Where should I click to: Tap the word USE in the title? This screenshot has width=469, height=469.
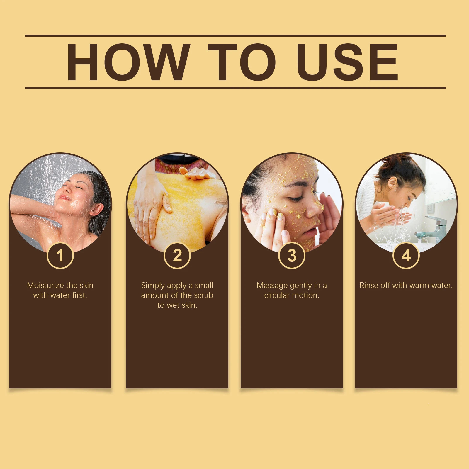(347, 62)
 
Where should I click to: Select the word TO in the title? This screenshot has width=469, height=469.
(242, 62)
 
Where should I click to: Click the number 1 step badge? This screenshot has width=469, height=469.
(60, 256)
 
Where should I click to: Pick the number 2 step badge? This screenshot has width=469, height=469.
(177, 256)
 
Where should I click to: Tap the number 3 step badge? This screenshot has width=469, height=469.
(292, 256)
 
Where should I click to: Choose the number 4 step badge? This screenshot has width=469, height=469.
(406, 256)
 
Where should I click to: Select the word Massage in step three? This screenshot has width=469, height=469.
(272, 285)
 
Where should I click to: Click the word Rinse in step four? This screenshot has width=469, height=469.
(369, 285)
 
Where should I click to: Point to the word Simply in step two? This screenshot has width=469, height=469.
(153, 286)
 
